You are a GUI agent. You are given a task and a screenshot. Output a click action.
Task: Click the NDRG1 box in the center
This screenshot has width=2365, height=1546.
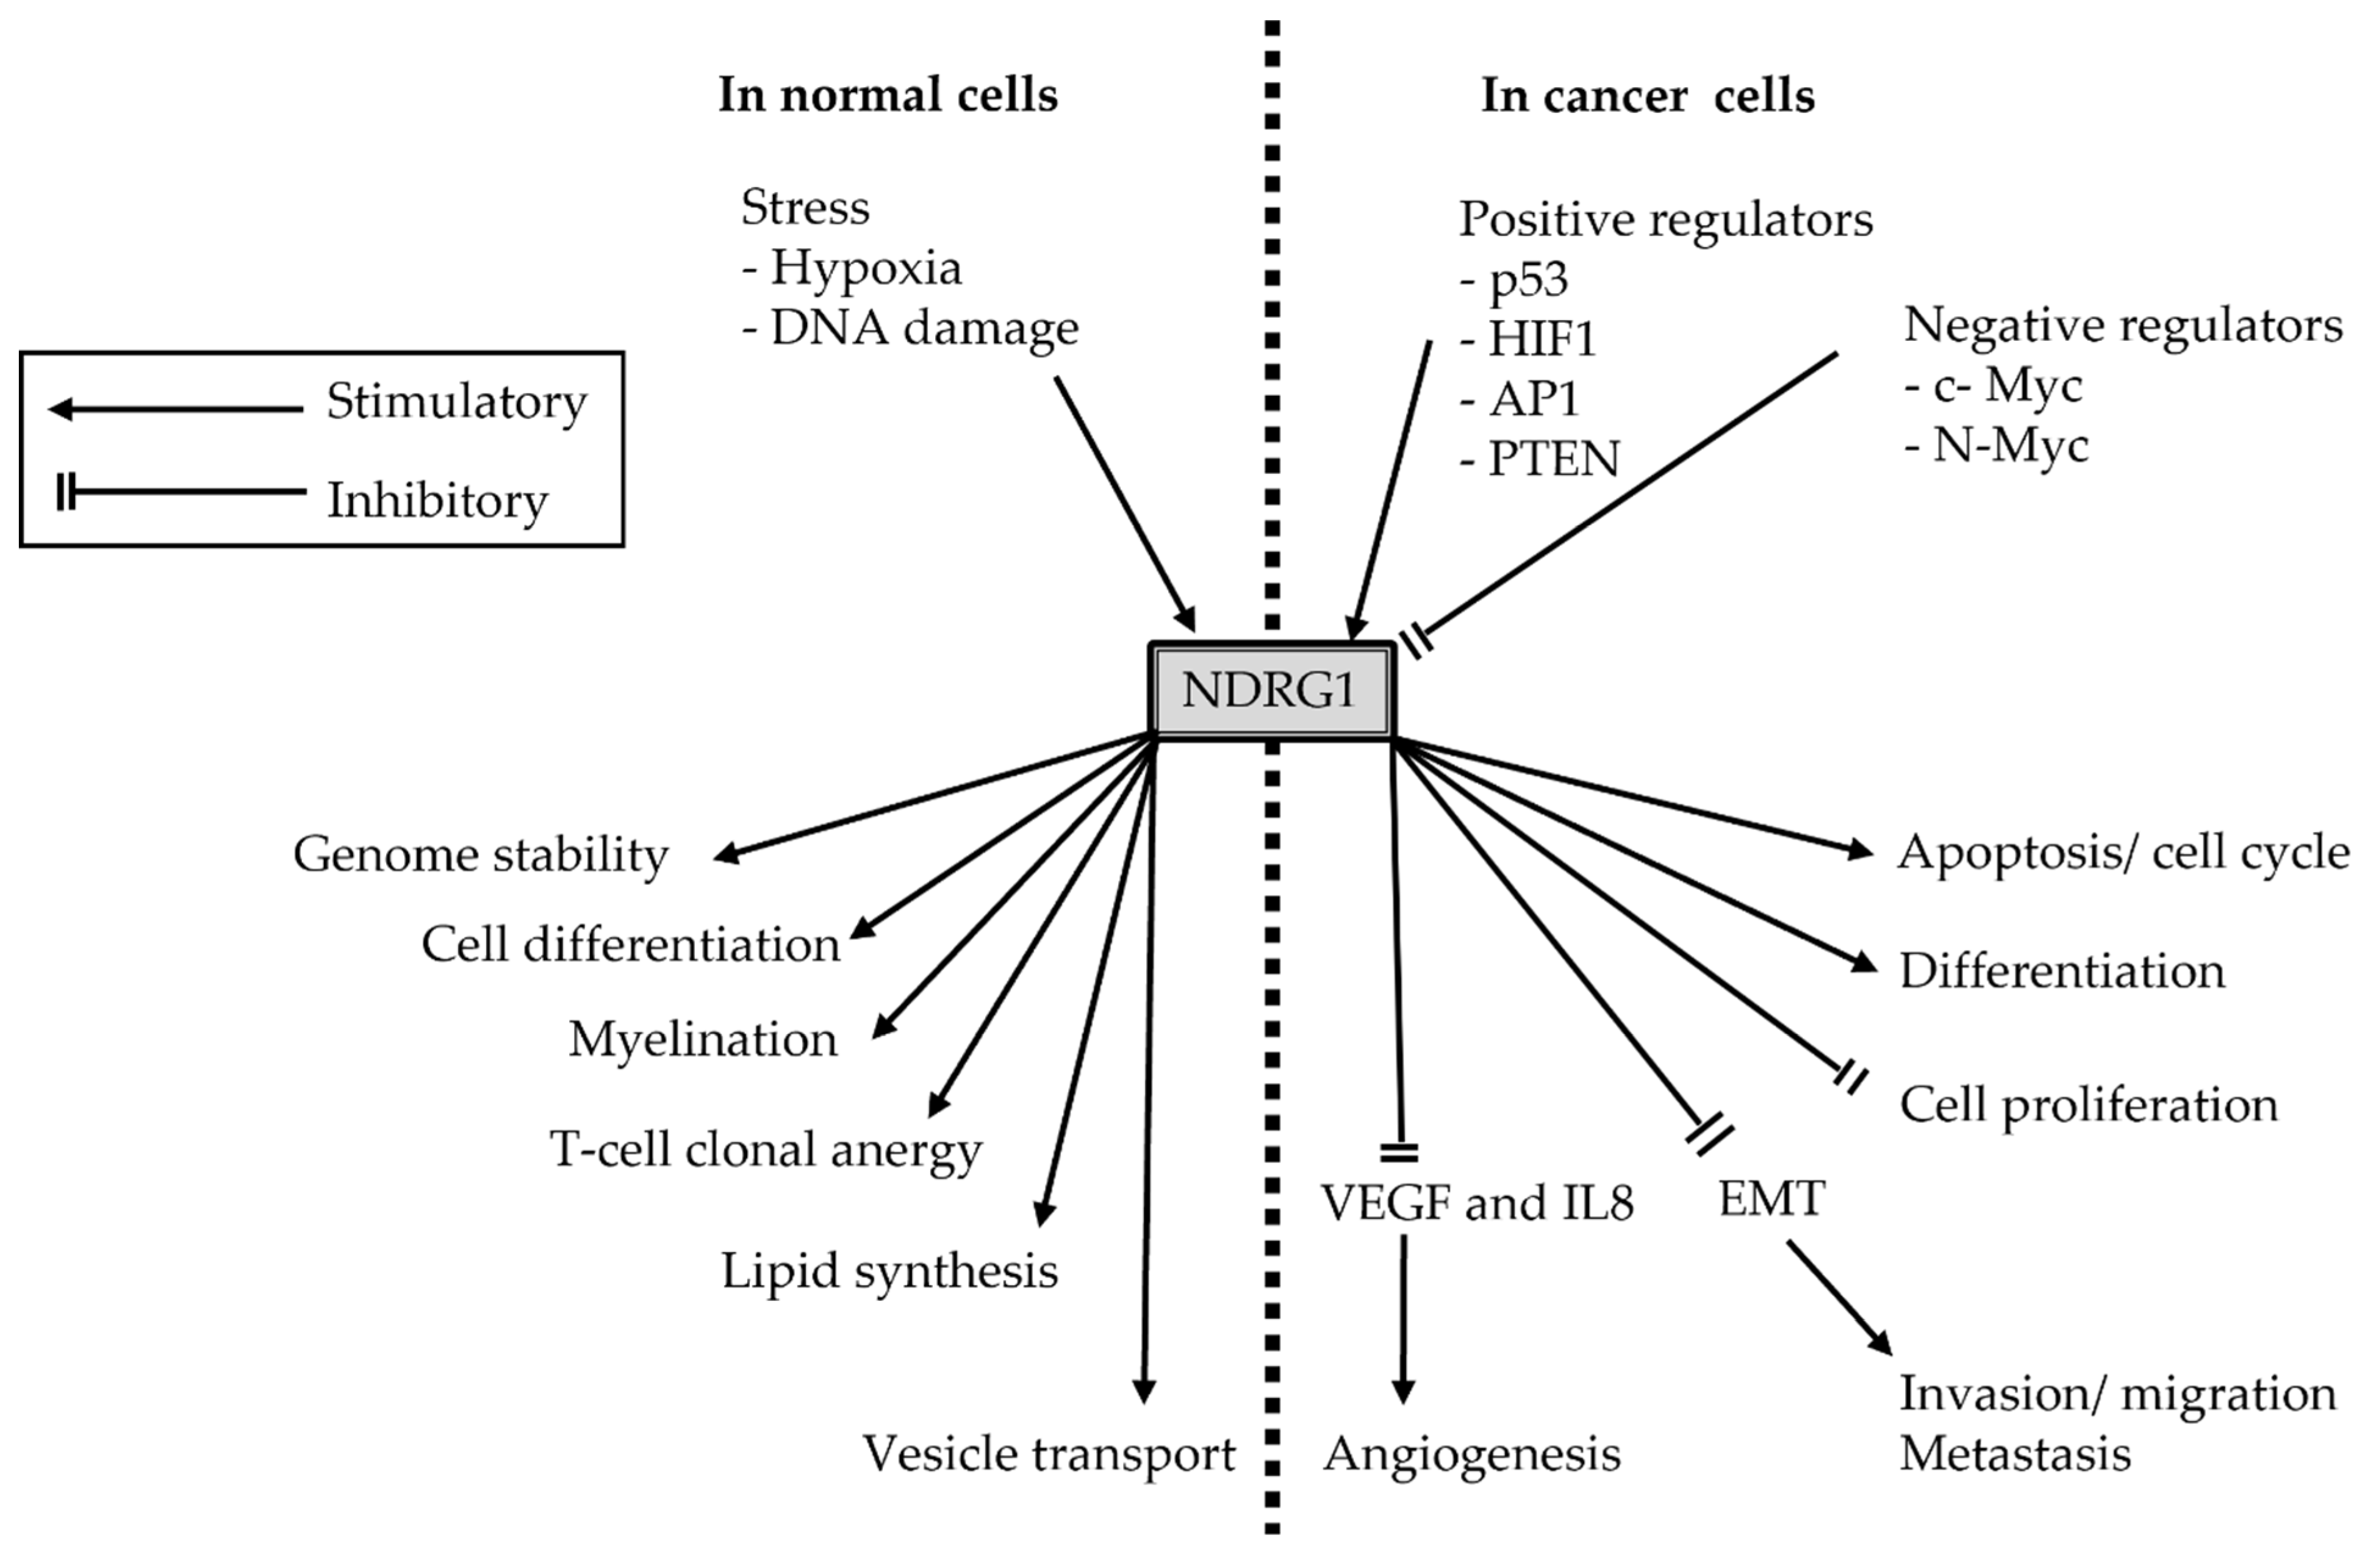1271,690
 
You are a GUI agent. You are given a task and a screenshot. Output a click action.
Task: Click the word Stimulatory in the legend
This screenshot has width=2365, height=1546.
456,403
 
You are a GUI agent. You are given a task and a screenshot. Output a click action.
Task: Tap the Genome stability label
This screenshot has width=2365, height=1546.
481,854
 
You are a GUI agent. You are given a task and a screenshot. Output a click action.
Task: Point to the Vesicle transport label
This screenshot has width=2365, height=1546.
1049,1453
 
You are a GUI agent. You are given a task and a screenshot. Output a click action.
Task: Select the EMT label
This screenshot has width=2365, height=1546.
1771,1199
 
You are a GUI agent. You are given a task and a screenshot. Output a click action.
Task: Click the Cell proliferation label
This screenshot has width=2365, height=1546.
2088,1105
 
